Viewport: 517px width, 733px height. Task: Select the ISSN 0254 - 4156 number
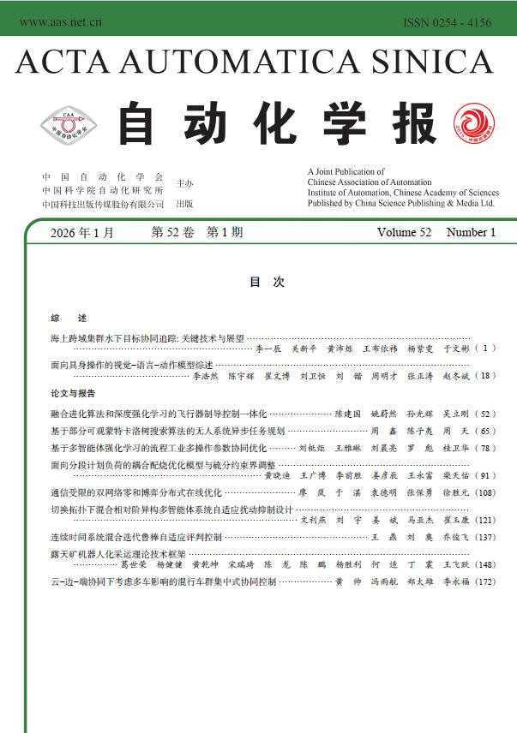447,22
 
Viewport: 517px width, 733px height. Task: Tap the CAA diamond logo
69,125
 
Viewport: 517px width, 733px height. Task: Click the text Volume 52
403,233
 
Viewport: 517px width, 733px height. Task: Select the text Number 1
471,233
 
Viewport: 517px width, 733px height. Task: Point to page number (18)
484,376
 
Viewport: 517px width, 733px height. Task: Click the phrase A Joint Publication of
346,172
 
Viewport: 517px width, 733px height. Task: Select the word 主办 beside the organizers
184,183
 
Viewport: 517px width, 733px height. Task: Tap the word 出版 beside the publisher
184,205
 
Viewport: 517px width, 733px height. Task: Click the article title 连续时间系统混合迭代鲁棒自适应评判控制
136,538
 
